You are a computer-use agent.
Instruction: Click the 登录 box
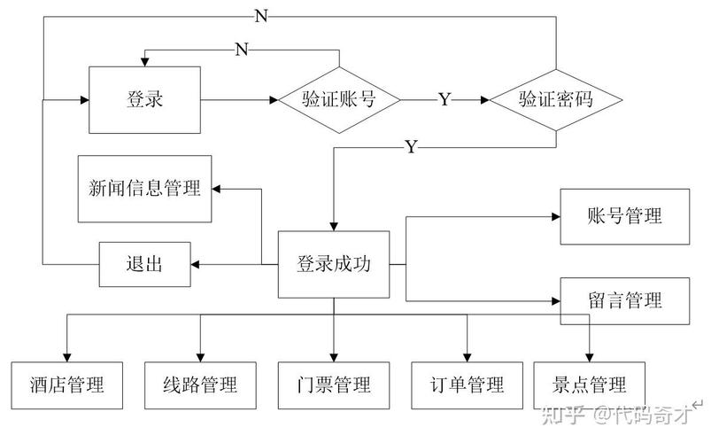click(144, 99)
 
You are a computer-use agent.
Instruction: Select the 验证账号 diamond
click(340, 99)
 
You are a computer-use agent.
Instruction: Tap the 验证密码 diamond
click(555, 99)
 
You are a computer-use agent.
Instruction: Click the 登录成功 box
click(334, 264)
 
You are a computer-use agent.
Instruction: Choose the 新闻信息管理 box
click(144, 188)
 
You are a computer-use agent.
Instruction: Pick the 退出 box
click(144, 264)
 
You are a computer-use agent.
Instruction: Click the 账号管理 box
click(624, 216)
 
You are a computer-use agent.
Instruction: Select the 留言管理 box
click(624, 299)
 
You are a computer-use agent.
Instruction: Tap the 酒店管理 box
click(66, 385)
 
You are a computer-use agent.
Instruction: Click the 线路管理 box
click(200, 385)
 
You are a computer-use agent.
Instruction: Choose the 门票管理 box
click(334, 385)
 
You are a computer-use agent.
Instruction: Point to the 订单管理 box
click(467, 385)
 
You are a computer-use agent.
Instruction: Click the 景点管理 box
click(590, 385)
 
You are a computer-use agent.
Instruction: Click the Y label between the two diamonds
click(444, 100)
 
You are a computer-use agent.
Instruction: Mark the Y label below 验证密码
click(410, 147)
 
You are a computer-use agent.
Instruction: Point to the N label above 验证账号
click(241, 49)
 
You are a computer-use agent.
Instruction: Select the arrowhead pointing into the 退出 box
click(197, 264)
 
